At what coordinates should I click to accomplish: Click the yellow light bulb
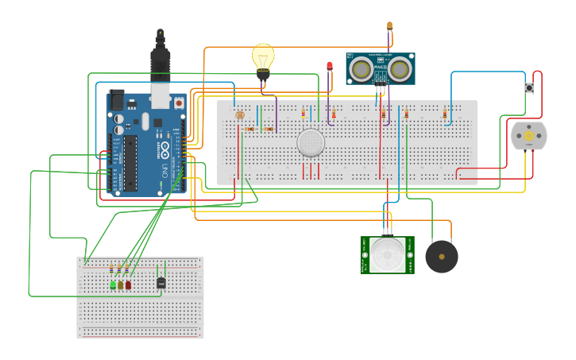[x=263, y=58]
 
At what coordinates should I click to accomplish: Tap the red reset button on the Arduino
[x=179, y=103]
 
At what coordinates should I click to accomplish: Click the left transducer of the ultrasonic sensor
[x=361, y=69]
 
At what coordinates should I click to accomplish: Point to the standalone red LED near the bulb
[x=330, y=65]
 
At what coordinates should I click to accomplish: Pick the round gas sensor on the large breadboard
[x=311, y=143]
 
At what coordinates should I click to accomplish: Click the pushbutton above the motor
[x=529, y=87]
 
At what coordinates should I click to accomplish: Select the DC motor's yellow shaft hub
[x=528, y=137]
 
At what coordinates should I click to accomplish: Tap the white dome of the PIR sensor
[x=388, y=255]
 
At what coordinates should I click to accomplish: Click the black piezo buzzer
[x=442, y=257]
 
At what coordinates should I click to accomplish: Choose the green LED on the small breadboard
[x=113, y=285]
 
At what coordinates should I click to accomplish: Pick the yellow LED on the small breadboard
[x=121, y=285]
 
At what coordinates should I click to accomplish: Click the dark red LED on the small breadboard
[x=128, y=285]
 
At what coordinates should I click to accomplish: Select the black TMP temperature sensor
[x=161, y=282]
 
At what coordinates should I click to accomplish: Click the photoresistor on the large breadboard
[x=240, y=115]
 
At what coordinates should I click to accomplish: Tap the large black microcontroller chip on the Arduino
[x=130, y=163]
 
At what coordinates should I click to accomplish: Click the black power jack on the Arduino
[x=117, y=101]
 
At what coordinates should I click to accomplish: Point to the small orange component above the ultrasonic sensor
[x=389, y=26]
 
